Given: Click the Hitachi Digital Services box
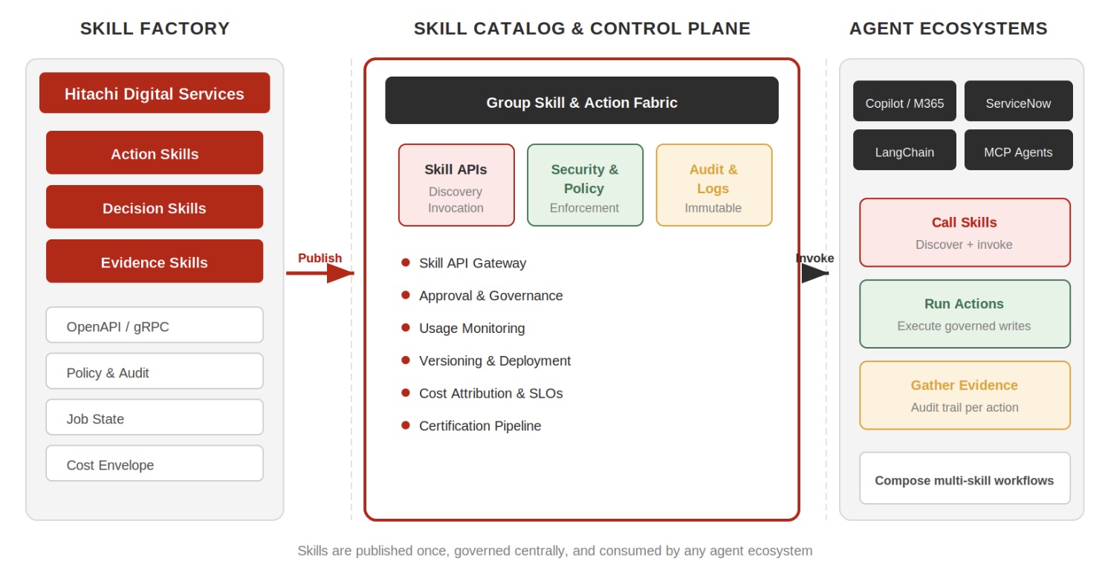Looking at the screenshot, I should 155,93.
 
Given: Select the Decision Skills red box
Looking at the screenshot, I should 155,207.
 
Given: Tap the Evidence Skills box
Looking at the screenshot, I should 155,262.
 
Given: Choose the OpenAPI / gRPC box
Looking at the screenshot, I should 155,326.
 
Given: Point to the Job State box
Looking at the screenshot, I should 155,418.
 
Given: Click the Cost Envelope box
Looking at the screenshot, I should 155,464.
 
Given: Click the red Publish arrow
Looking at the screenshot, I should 320,273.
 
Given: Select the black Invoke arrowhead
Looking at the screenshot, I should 814,273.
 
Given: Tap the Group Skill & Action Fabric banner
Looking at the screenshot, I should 581,101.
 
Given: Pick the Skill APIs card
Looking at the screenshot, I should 456,185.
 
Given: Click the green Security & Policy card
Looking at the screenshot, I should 585,185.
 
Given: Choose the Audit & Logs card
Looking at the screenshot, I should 713,185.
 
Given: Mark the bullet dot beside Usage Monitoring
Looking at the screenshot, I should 406,328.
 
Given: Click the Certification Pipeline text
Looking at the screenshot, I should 480,426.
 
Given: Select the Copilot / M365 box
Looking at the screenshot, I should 904,102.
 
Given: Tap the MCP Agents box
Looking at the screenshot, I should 1018,151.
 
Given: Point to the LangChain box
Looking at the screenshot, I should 904,151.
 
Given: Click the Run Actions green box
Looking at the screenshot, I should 965,314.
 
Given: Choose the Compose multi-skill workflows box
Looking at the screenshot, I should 965,479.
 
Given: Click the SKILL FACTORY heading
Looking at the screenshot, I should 155,28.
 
